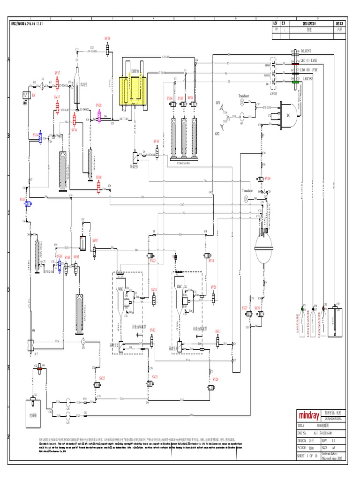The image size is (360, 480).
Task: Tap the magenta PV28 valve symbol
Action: pyautogui.click(x=99, y=114)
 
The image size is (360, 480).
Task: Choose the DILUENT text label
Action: pyautogui.click(x=306, y=51)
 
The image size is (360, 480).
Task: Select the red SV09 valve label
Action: pyautogui.click(x=268, y=179)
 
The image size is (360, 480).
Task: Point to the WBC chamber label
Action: pyautogui.click(x=121, y=289)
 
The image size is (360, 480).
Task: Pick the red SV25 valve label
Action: pyautogui.click(x=102, y=378)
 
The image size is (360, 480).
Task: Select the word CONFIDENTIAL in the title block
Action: pyautogui.click(x=330, y=419)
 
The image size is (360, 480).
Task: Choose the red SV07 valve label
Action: pyautogui.click(x=95, y=240)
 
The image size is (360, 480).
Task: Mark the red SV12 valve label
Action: pyautogui.click(x=153, y=330)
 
